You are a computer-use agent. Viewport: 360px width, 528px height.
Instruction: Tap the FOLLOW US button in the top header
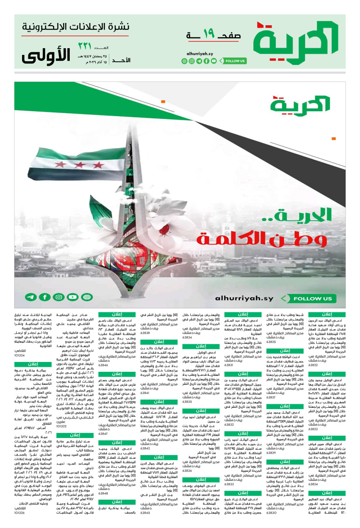235,61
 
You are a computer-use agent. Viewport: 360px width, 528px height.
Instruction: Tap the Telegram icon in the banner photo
31,297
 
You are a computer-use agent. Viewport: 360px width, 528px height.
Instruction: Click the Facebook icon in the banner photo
45,297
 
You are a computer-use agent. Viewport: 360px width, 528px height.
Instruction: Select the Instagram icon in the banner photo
58,297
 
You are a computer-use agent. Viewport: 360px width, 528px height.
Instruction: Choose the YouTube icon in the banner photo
72,297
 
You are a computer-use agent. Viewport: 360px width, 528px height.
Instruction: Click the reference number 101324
20,355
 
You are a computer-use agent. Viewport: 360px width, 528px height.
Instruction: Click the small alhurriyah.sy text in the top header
200,53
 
